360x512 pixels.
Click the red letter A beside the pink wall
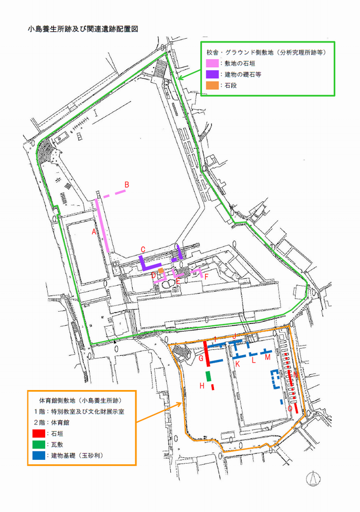[x=93, y=232]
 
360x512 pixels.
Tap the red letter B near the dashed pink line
[x=127, y=185]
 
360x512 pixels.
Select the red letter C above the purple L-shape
[x=143, y=249]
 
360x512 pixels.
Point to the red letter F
[x=207, y=276]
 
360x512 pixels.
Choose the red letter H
[x=202, y=386]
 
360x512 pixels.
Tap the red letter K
[x=236, y=364]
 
